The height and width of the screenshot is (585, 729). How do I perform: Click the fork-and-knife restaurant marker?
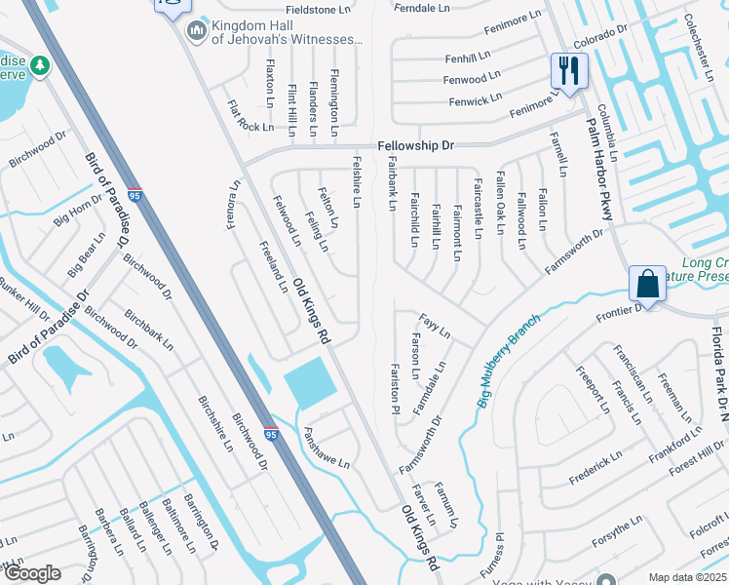click(x=569, y=70)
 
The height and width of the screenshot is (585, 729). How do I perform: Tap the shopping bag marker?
click(x=647, y=284)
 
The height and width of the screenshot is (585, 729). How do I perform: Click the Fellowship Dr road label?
click(x=416, y=145)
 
